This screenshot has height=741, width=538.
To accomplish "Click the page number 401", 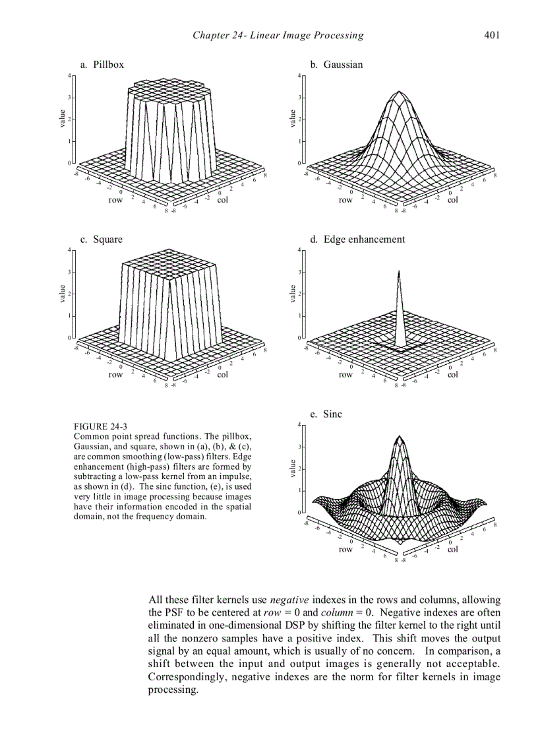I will coord(491,35).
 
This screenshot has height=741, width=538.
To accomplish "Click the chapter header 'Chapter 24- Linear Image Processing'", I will coord(278,35).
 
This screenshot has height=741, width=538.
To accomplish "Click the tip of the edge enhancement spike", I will coord(398,271).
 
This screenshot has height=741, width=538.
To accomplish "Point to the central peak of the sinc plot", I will coord(398,437).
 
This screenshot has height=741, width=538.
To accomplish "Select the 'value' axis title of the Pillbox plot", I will coord(62,119).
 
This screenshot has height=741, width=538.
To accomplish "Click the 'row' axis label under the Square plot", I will coord(115,375).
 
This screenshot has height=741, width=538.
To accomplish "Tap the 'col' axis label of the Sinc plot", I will coord(452,549).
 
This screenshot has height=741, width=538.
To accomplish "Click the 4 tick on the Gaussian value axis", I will coord(299,75).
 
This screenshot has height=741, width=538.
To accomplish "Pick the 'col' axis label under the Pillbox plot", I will coord(222,200).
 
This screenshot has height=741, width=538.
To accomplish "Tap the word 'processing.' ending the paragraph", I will coord(173,690).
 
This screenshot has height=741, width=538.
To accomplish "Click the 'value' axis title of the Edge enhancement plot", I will coord(292,294).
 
